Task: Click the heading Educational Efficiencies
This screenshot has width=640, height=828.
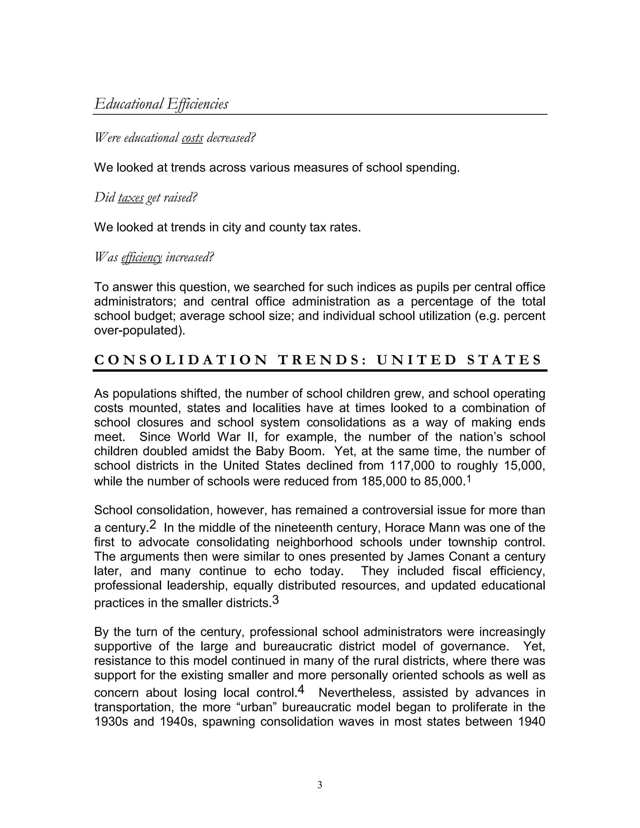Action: (161, 104)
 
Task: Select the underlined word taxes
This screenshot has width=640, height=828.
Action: (131, 197)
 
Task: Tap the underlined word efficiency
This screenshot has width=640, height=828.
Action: (142, 257)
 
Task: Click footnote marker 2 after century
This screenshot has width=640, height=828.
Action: (153, 525)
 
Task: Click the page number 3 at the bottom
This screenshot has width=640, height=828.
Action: (320, 785)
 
